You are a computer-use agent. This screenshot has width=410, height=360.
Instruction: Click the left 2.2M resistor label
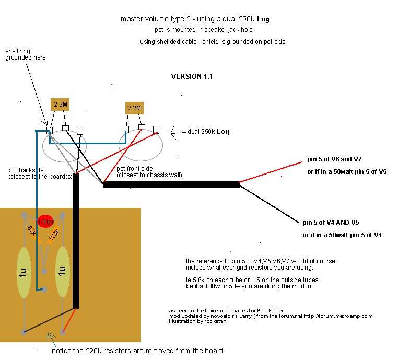click(x=61, y=104)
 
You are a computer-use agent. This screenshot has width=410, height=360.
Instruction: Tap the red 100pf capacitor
click(x=45, y=222)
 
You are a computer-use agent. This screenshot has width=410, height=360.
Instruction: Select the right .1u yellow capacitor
click(x=62, y=272)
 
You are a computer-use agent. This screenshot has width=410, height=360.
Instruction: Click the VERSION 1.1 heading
click(x=192, y=77)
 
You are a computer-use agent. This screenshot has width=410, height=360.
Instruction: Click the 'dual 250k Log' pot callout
click(x=208, y=131)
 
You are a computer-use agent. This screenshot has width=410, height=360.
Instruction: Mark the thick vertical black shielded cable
click(x=76, y=240)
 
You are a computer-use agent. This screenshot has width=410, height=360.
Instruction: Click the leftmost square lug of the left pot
click(x=49, y=130)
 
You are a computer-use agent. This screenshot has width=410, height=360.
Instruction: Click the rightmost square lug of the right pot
click(x=156, y=129)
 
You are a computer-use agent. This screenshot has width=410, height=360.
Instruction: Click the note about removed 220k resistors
click(x=137, y=351)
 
